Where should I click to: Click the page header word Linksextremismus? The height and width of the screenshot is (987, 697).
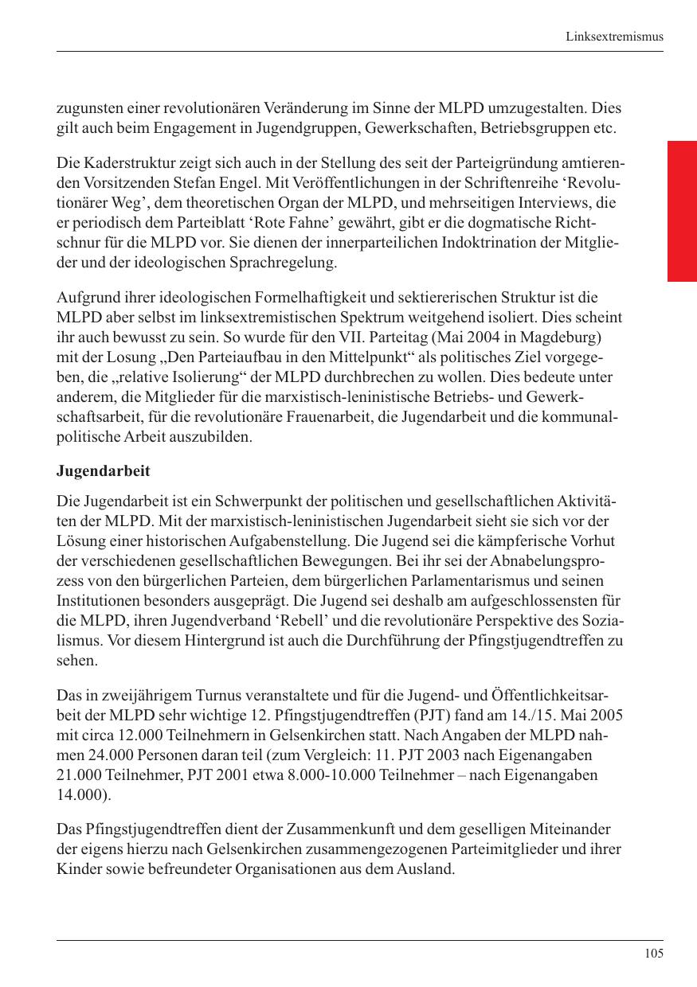tap(614, 37)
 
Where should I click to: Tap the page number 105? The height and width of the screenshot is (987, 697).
tap(654, 954)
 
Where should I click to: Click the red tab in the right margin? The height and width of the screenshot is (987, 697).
tap(682, 211)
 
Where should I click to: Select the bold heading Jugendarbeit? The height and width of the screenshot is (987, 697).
tap(104, 471)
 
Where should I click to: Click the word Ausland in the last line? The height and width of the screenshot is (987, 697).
tap(429, 868)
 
